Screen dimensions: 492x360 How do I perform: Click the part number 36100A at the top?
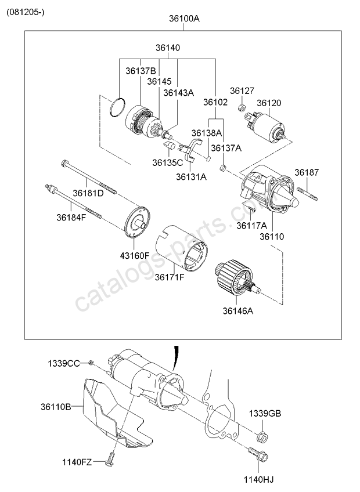pyautogui.click(x=184, y=19)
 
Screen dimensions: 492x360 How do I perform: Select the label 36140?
pyautogui.click(x=167, y=48)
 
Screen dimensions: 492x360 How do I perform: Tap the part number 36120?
pyautogui.click(x=269, y=103)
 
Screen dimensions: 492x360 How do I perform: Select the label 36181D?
pyautogui.click(x=88, y=193)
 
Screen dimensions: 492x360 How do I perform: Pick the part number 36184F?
pyautogui.click(x=71, y=218)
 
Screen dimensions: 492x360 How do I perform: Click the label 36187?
pyautogui.click(x=306, y=172)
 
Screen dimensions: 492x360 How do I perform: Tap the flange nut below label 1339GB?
pyautogui.click(x=262, y=436)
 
